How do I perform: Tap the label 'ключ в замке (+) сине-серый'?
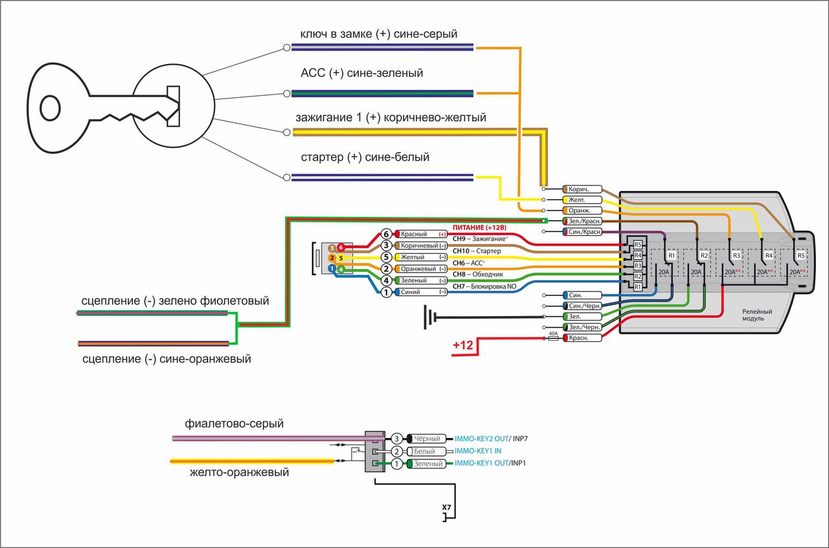coord(379,34)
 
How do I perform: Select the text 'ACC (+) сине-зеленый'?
coord(361,73)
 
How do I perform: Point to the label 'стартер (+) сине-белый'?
coord(365,157)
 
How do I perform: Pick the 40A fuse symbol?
coord(553,338)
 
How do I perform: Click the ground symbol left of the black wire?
coord(428,317)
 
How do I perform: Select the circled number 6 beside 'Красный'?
coord(386,234)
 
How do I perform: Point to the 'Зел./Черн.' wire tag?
coord(584,328)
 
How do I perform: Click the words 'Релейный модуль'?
coord(756,315)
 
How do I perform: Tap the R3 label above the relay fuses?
coord(736,255)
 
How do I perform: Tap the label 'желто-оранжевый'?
coord(239,473)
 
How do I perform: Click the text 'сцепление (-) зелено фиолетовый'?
coord(175,301)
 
